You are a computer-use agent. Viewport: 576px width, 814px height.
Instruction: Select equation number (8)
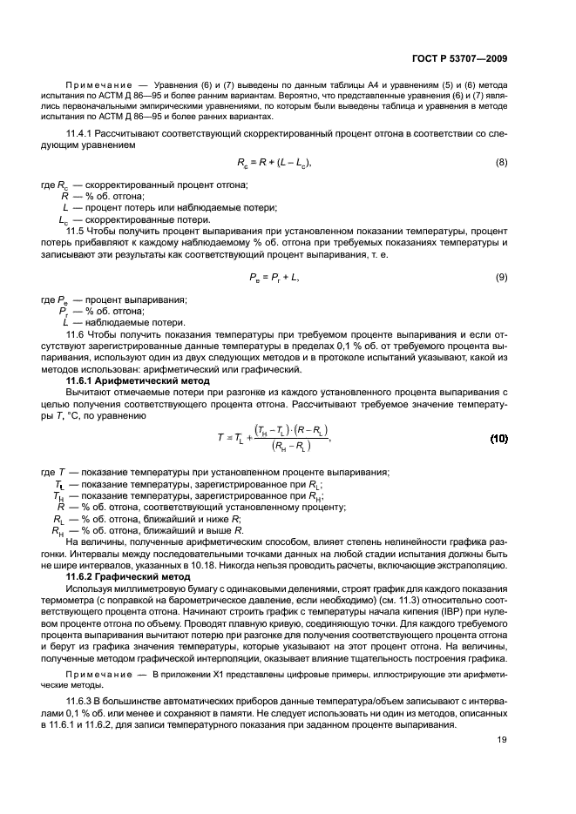coord(501,163)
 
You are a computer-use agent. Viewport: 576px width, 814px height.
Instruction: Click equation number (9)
coord(501,276)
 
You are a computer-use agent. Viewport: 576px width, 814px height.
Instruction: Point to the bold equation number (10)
coord(498,437)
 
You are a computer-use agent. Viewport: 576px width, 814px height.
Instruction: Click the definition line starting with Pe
coord(131,299)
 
